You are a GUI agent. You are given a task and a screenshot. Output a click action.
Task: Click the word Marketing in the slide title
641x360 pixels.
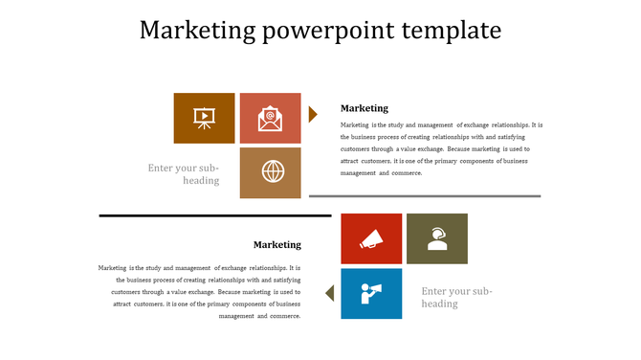click(196, 31)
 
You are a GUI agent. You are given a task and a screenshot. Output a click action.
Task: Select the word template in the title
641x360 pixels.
click(450, 31)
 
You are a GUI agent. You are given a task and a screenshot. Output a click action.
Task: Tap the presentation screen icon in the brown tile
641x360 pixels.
click(204, 118)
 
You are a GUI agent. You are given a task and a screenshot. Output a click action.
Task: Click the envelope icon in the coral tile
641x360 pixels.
click(270, 118)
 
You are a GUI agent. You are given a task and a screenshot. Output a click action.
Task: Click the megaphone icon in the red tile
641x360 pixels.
click(371, 238)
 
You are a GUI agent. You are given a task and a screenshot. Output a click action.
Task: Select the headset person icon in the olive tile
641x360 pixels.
click(437, 238)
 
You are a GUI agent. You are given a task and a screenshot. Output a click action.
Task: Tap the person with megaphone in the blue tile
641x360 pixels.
click(371, 292)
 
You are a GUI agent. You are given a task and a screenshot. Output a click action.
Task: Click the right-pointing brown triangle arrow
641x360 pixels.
click(313, 115)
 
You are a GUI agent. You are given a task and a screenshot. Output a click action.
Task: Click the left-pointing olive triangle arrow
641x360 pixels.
click(329, 292)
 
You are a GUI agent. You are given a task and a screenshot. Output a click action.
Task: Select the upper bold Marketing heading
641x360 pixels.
click(365, 108)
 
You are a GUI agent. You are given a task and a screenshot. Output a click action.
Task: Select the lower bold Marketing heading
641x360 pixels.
click(276, 244)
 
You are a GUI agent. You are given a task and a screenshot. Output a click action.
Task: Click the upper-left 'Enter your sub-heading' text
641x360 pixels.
click(184, 174)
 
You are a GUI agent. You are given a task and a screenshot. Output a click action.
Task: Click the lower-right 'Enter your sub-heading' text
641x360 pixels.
click(456, 297)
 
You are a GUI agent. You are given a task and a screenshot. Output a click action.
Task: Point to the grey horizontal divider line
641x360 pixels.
click(425, 195)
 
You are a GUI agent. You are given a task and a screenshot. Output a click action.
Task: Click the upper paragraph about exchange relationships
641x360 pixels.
click(440, 148)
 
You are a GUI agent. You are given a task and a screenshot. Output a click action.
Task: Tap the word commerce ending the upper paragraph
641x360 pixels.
click(407, 173)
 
